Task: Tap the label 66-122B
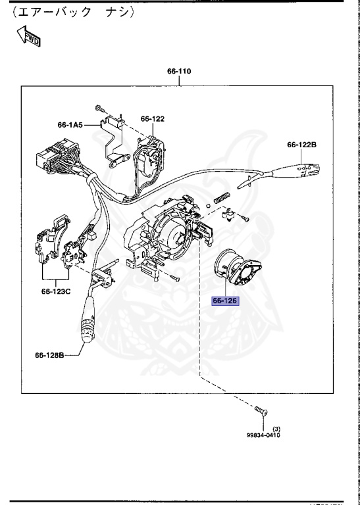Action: coord(301,145)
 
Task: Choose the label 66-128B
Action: coord(50,355)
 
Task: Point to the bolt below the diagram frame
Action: coord(258,412)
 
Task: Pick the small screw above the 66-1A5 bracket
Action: coord(99,108)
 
